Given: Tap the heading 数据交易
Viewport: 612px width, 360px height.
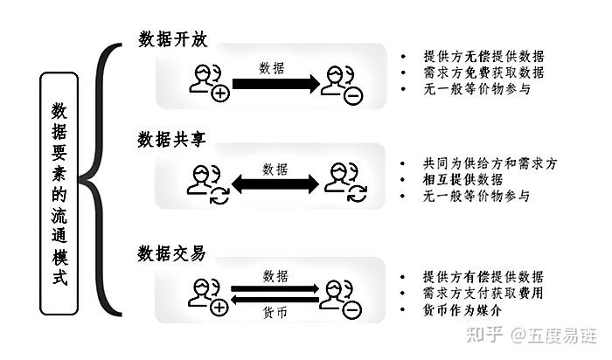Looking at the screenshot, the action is point(171,253).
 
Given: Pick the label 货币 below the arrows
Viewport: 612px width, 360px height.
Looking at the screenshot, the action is point(275,315).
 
